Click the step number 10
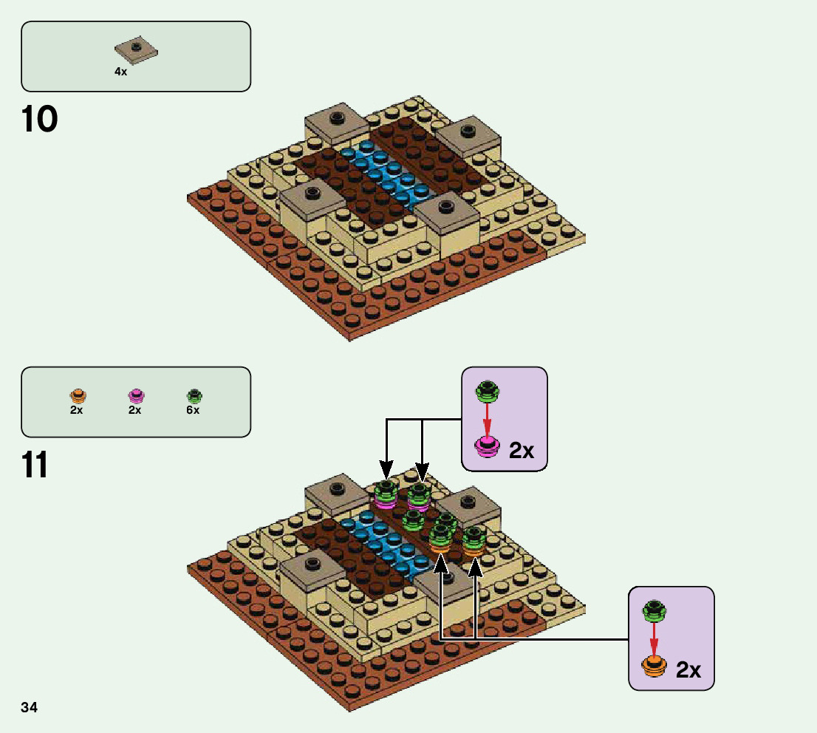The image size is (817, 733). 40,120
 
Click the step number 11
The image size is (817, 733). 35,466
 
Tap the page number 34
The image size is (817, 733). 30,708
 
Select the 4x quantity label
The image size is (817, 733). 120,72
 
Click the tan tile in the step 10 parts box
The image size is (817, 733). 136,50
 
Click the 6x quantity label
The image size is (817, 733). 193,410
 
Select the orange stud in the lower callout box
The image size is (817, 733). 653,665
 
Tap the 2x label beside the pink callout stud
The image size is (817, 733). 522,450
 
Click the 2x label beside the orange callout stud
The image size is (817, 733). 688,669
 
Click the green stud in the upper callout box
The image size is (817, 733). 486,392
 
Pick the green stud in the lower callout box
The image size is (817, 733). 653,610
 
